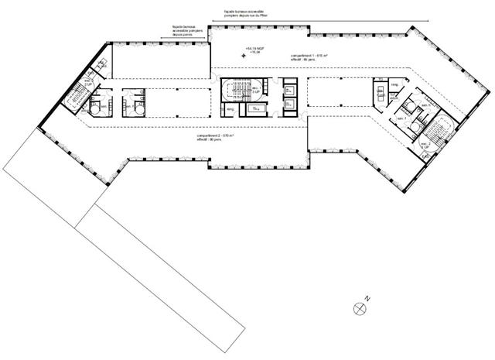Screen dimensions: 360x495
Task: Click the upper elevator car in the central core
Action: (290, 88)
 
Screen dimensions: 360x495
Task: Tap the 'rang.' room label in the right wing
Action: (394, 84)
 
